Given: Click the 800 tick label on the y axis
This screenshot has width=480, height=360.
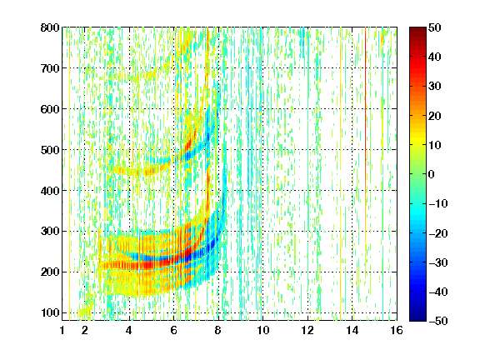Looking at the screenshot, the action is (50, 27).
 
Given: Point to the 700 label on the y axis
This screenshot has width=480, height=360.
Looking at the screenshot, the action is (50, 68).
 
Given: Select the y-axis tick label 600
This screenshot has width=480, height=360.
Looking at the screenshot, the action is (50, 109).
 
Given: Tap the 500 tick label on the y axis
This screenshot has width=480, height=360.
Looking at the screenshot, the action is (50, 150).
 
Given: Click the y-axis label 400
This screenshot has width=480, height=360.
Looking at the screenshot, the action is (50, 191).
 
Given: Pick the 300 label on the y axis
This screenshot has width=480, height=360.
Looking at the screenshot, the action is (50, 231).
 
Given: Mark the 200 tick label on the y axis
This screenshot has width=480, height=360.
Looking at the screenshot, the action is (50, 272).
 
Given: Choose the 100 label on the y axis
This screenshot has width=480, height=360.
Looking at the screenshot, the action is (50, 312).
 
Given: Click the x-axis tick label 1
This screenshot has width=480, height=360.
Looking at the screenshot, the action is (62, 330).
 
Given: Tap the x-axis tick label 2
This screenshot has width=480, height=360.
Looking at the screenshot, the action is (85, 330).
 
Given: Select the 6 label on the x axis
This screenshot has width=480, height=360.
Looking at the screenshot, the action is (173, 330).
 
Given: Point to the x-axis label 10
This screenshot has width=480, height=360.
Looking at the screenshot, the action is (262, 330).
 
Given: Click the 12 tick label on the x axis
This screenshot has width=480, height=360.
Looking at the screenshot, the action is (307, 330).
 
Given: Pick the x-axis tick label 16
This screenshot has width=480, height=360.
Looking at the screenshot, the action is (397, 330).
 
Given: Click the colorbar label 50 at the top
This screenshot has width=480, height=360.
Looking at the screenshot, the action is (435, 27).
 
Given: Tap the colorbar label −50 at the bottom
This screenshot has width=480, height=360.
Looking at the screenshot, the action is (438, 321).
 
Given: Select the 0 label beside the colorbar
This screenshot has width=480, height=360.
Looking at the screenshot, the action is (432, 174).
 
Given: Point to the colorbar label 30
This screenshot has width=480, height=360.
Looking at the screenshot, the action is (435, 86).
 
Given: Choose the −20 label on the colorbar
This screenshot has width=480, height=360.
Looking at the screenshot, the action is (438, 233).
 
